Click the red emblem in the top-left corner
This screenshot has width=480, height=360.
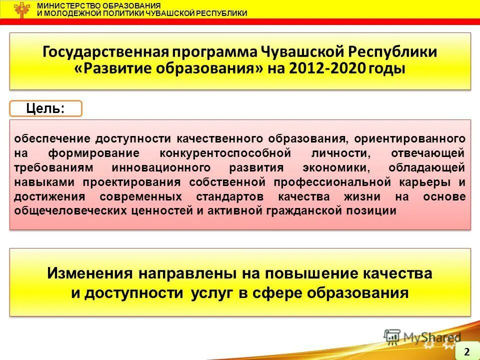tap(21, 9)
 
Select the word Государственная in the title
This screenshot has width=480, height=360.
tap(105, 52)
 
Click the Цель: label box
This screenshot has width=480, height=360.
tap(45, 108)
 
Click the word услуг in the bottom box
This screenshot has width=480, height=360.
tap(211, 292)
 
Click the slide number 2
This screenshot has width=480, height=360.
tap(466, 351)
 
